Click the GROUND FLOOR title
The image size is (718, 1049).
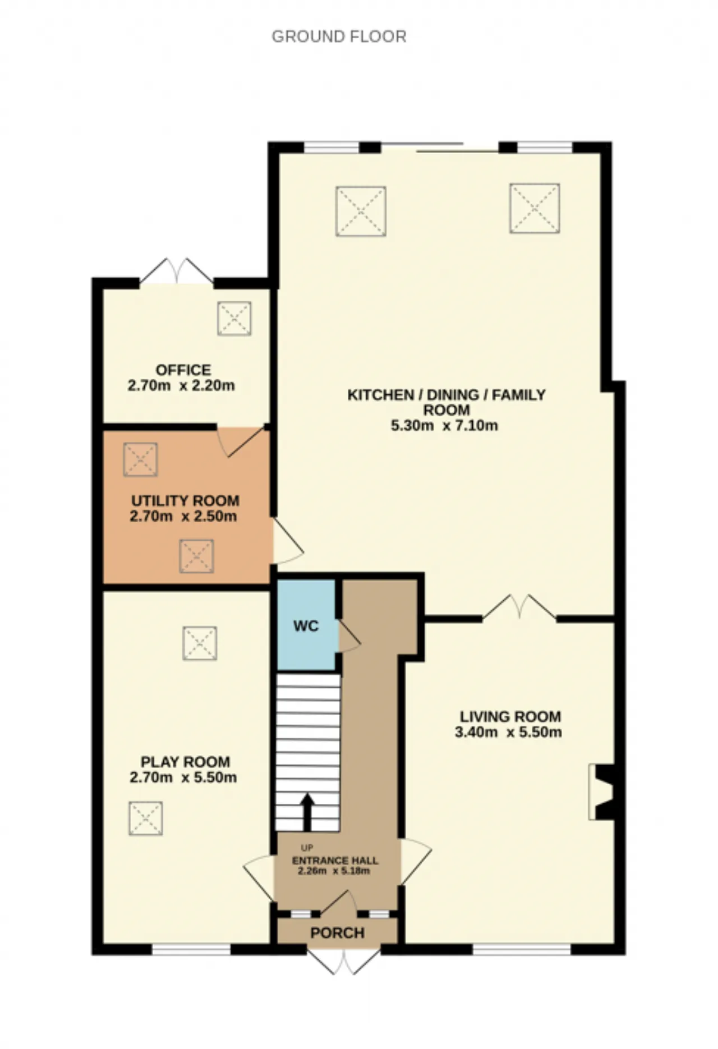pos(339,36)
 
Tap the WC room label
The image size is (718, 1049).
pos(306,625)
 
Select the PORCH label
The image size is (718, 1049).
pos(338,933)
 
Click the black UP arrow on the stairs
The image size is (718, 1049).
pos(307,812)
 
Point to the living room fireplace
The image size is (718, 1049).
pos(601,792)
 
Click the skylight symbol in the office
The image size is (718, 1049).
pos(234,319)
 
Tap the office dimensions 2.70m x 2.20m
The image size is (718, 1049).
pos(181,386)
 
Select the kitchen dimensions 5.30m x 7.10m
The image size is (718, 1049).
pos(444,425)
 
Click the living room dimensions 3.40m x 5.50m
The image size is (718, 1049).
pos(508,732)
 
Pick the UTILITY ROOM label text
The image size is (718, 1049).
pos(185,500)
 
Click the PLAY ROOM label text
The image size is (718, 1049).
pos(185,762)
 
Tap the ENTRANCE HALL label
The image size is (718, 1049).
pos(335,861)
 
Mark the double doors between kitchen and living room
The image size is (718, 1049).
pos(519,608)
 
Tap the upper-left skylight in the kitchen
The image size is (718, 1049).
pos(361,211)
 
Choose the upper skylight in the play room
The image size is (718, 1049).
pos(200,643)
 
